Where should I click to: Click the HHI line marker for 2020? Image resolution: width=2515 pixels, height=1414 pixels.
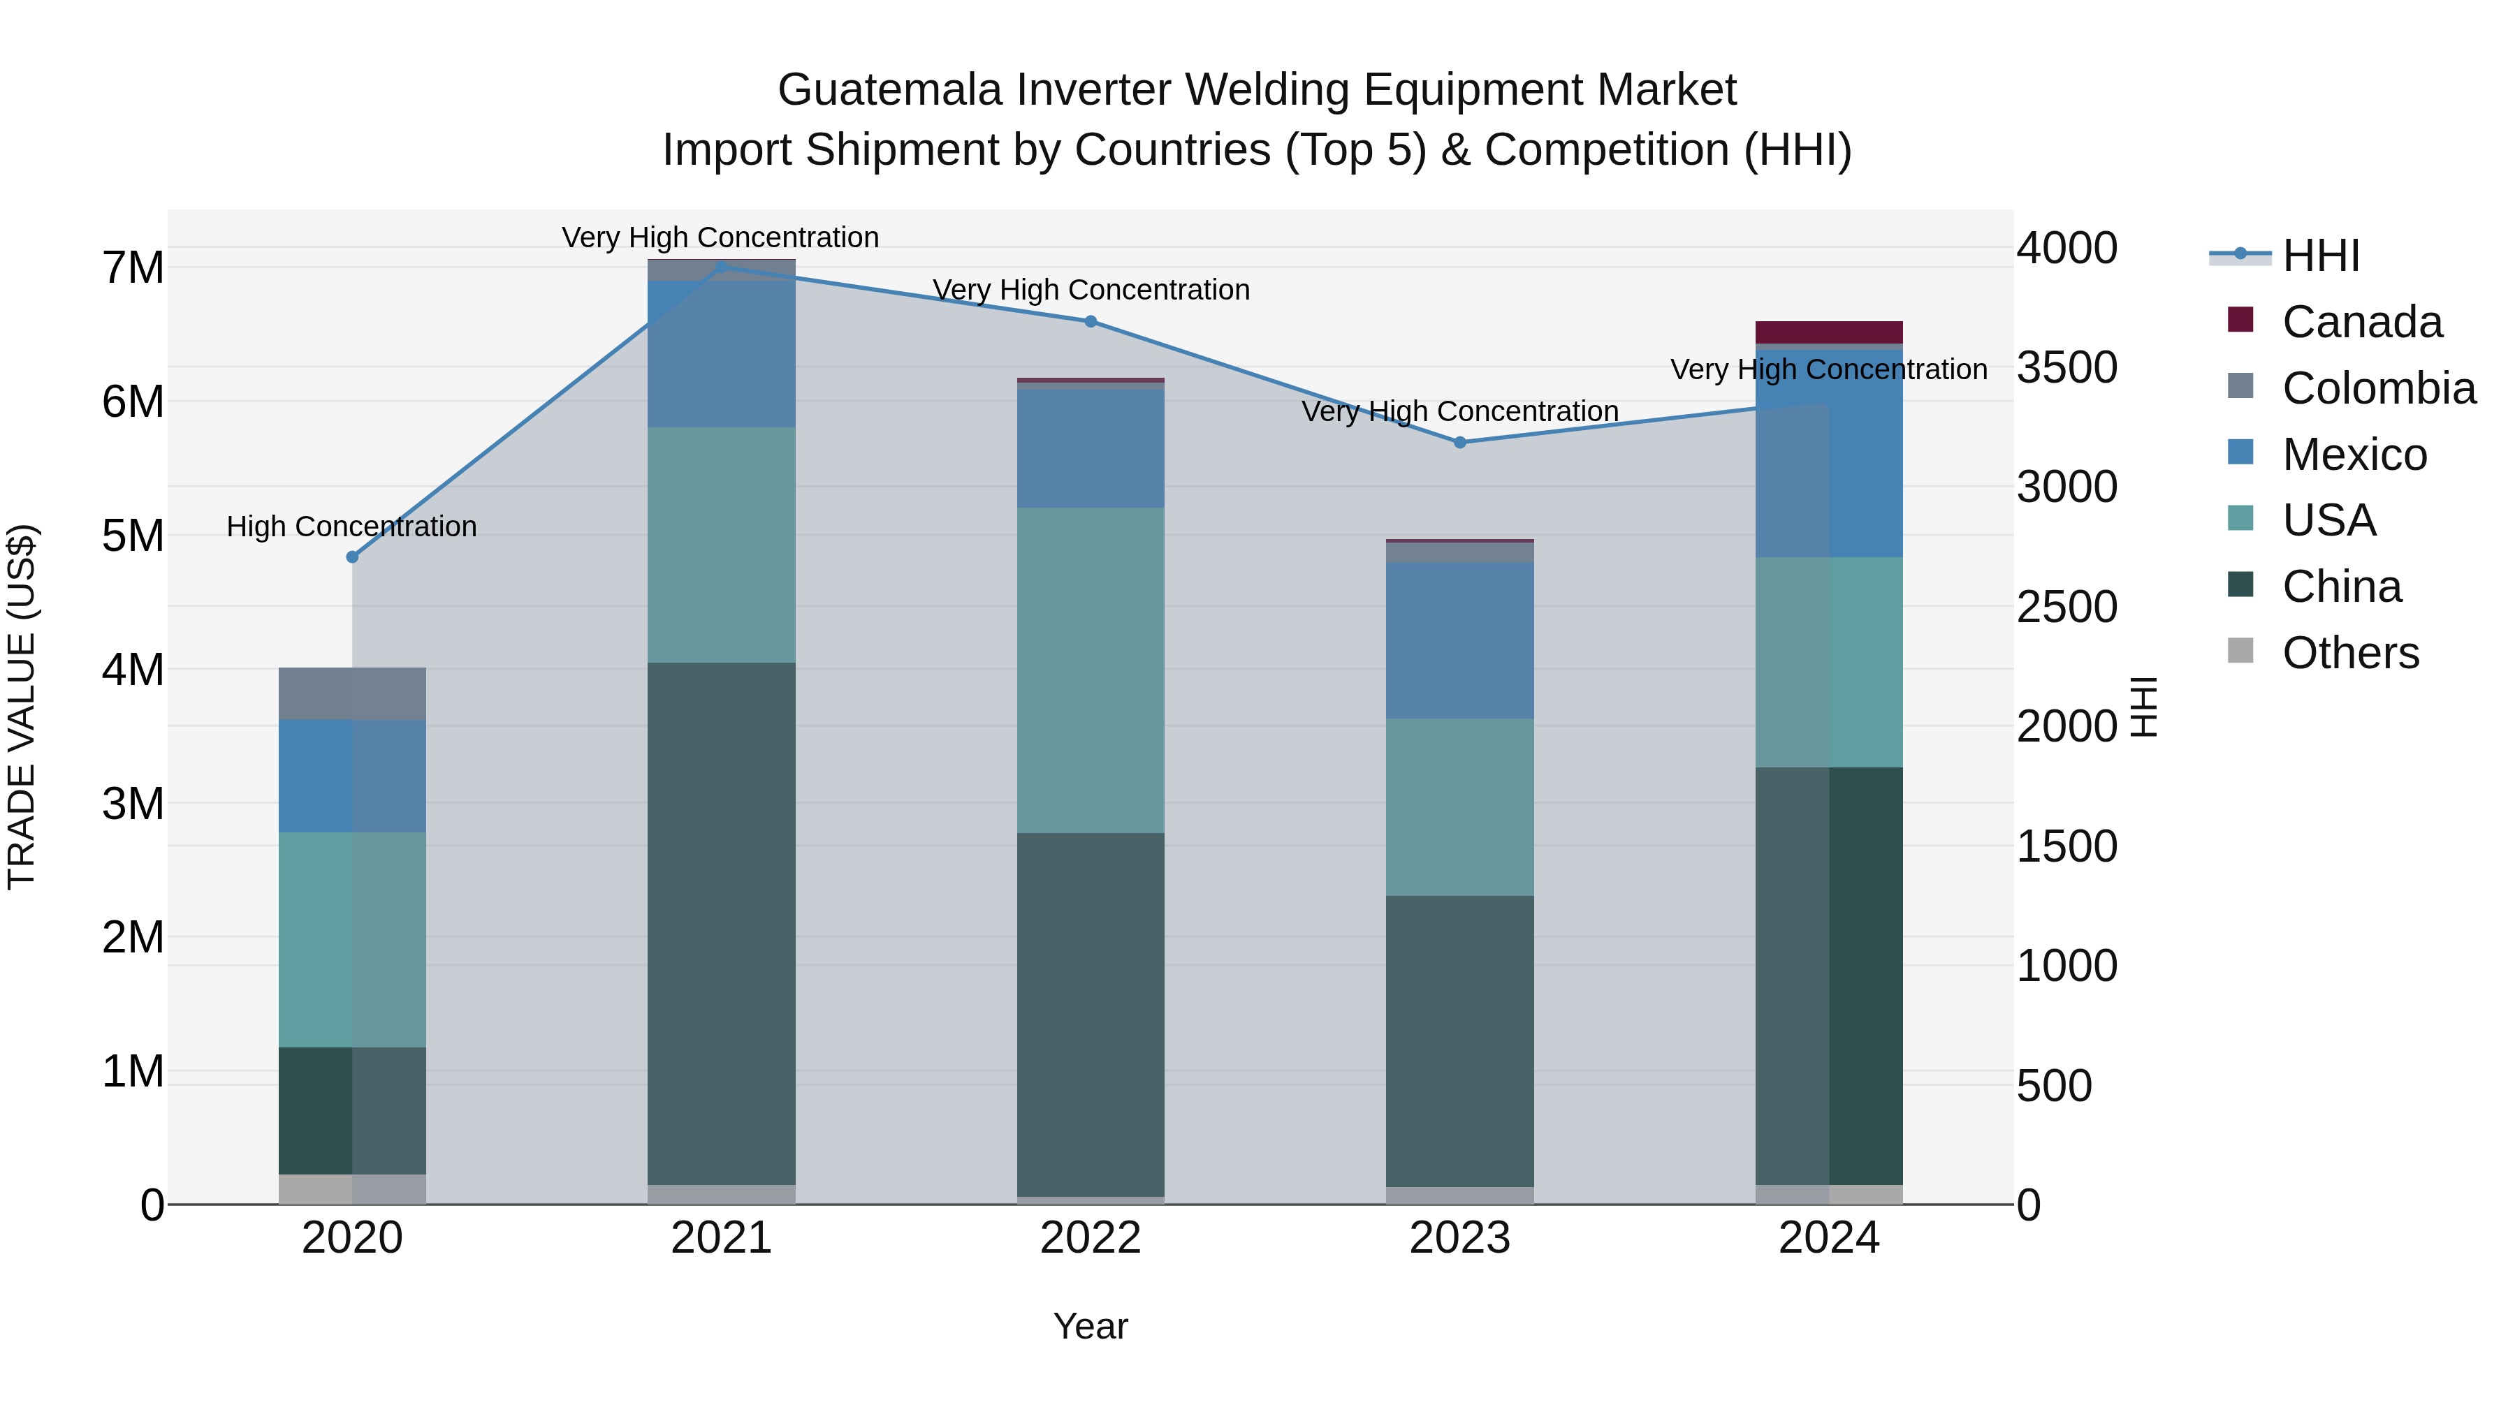click(353, 557)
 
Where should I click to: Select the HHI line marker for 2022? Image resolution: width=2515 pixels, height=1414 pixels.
click(1091, 321)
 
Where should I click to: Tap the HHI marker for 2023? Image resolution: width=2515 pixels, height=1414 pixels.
click(1459, 442)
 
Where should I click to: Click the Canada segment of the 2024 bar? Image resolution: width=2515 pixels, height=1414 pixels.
click(1829, 332)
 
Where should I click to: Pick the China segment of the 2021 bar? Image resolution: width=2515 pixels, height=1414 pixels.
click(722, 922)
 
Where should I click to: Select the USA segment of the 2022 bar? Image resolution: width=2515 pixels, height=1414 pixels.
click(1091, 670)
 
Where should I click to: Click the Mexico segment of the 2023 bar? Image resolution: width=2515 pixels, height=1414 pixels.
click(1459, 640)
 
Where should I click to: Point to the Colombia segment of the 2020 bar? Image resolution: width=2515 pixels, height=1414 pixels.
click(353, 694)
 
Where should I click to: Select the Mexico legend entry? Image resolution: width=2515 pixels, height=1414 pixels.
click(2353, 455)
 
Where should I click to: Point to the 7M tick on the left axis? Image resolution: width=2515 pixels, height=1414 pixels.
click(133, 267)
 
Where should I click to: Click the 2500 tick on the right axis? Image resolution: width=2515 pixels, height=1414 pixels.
click(2066, 607)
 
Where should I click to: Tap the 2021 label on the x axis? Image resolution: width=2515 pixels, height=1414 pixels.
click(722, 1238)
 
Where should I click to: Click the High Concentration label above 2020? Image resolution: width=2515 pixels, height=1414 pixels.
click(351, 527)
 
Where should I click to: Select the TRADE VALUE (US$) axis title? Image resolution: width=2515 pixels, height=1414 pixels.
click(22, 707)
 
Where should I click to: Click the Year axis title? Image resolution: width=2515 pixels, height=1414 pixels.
click(1090, 1326)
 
